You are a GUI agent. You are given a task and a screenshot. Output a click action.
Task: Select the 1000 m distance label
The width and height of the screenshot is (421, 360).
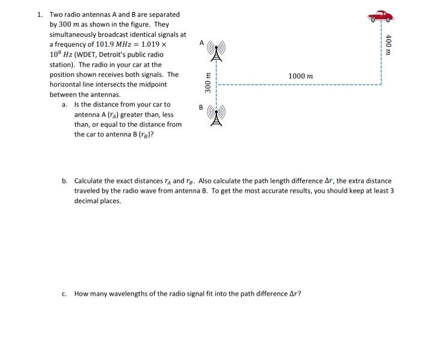point(300,76)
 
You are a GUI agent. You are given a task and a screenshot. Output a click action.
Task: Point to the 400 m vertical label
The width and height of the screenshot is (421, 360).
point(389,44)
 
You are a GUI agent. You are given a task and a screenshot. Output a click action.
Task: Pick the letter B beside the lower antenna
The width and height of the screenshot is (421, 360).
point(201,107)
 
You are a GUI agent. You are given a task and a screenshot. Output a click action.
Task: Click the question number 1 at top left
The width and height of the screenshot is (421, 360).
point(38,14)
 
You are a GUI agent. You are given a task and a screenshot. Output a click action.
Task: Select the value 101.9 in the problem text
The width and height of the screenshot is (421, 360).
point(108,45)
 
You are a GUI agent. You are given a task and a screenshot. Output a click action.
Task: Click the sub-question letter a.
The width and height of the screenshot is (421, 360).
point(64,105)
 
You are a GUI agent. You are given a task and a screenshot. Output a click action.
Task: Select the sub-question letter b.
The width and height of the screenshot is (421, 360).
point(64,181)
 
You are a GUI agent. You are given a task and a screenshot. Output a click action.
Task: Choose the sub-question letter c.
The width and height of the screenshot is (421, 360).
point(64,294)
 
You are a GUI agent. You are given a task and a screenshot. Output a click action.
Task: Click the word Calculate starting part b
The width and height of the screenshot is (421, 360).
point(90,181)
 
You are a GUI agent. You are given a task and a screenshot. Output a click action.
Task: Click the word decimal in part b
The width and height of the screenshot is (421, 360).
point(88,201)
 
